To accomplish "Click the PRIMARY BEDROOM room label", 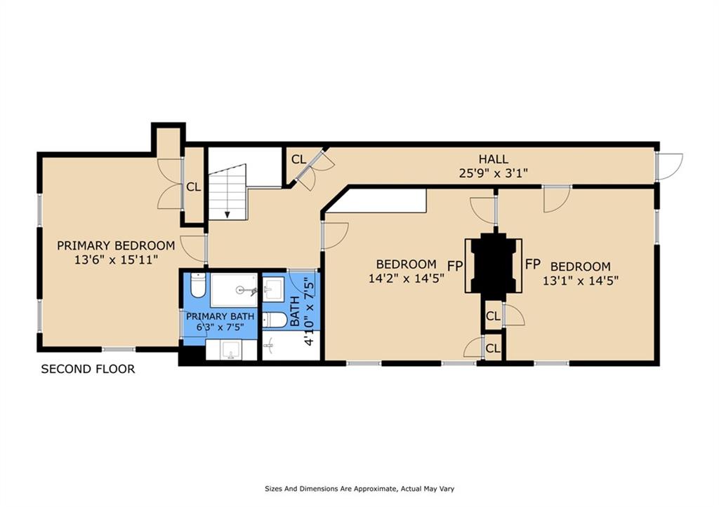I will coord(116,245).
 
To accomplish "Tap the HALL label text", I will coord(493,159).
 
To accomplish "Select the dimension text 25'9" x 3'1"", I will coord(493,173).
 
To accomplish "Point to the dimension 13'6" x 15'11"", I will coord(116,259).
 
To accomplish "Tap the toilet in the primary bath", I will coord(197,287).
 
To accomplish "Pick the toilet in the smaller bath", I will coord(275,320).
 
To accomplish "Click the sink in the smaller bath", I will coord(272,288).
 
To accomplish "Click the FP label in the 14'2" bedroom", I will coord(455,265).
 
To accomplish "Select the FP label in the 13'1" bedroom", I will coord(533,264).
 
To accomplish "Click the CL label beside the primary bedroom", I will coord(194,187).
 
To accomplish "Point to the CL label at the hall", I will coord(298,160).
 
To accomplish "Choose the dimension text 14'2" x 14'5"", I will coord(406,278).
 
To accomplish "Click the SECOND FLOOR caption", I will coord(88,369).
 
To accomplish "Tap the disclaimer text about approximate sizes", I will coord(362,489).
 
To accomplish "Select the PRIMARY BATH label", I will coord(220,317).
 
